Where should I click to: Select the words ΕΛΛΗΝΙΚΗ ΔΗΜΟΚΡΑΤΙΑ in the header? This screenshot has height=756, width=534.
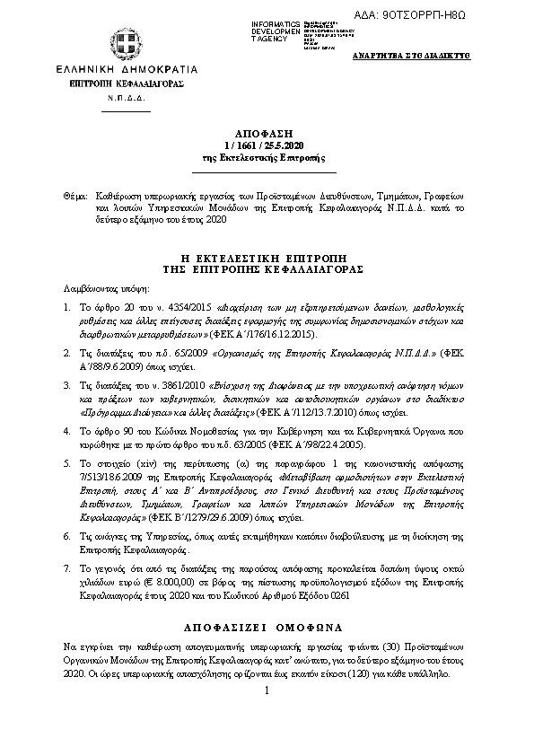tap(113, 69)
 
